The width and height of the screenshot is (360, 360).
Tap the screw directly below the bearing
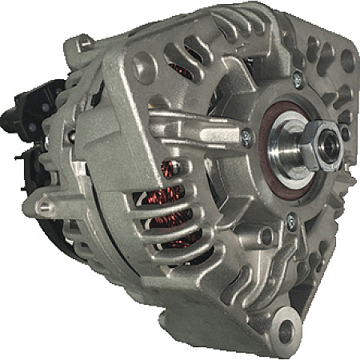tap(290, 225)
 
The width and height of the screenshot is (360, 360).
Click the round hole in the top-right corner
tap(346, 60)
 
